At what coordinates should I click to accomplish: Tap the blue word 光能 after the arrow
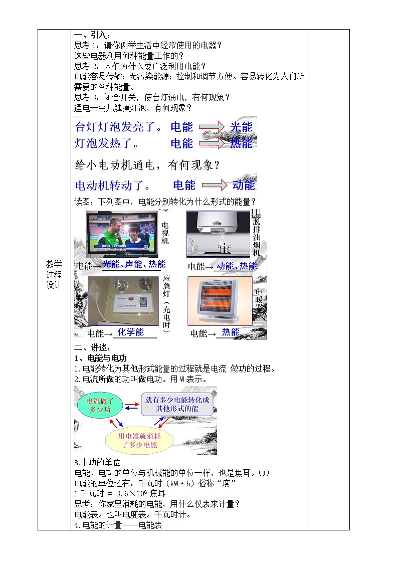pos(241,127)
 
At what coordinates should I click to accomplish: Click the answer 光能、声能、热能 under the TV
pos(133,264)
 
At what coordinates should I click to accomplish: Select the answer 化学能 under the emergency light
pos(130,332)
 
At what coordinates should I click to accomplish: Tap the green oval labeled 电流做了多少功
pos(100,405)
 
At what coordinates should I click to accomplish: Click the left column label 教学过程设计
pos(54,274)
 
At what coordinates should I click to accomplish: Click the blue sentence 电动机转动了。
pos(113,185)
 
